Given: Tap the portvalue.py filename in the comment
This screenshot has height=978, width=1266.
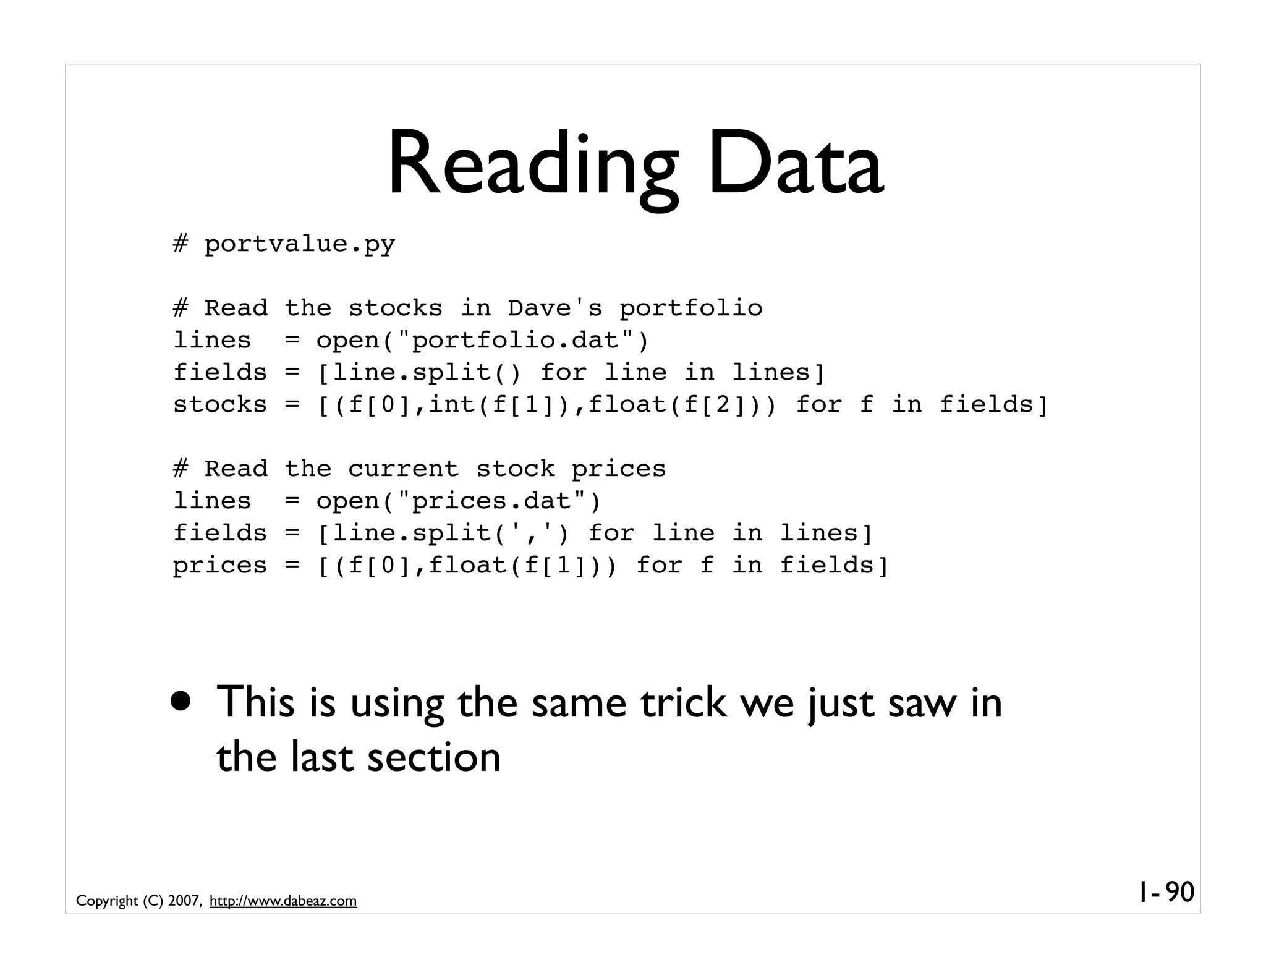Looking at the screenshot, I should click(299, 244).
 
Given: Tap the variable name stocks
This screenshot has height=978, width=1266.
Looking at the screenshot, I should click(219, 405).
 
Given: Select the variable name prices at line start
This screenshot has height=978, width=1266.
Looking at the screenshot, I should click(219, 566).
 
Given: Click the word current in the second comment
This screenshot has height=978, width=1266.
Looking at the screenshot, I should click(403, 469).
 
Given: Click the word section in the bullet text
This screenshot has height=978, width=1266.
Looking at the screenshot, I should click(433, 757).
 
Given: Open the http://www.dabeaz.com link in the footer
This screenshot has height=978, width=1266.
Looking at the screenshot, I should click(283, 901).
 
